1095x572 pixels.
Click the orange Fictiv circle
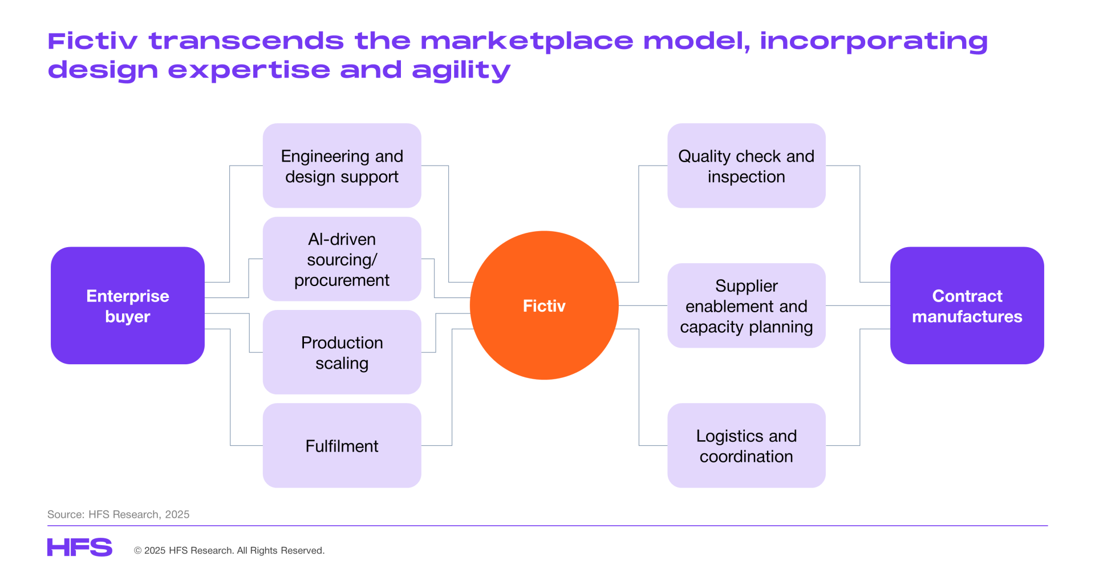click(x=544, y=305)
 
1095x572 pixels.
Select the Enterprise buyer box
click(x=128, y=305)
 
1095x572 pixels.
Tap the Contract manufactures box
click(x=967, y=305)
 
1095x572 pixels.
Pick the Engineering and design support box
click(x=342, y=166)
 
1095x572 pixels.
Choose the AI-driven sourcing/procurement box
click(x=342, y=259)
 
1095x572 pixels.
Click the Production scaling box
click(x=342, y=352)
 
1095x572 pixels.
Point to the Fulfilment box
click(x=342, y=445)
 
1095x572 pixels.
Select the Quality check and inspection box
click(x=747, y=166)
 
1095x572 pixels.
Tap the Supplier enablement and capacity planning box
click(x=747, y=305)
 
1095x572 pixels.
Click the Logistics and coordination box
click(x=747, y=445)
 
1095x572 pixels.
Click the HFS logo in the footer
click(x=80, y=547)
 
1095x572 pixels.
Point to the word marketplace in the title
click(x=526, y=41)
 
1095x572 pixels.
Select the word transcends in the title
click(x=246, y=41)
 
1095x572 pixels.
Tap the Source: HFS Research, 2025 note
click(x=118, y=514)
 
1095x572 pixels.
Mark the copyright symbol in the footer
click(x=137, y=550)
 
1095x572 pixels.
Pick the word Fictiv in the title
click(x=92, y=41)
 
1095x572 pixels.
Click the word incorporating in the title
click(x=874, y=41)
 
